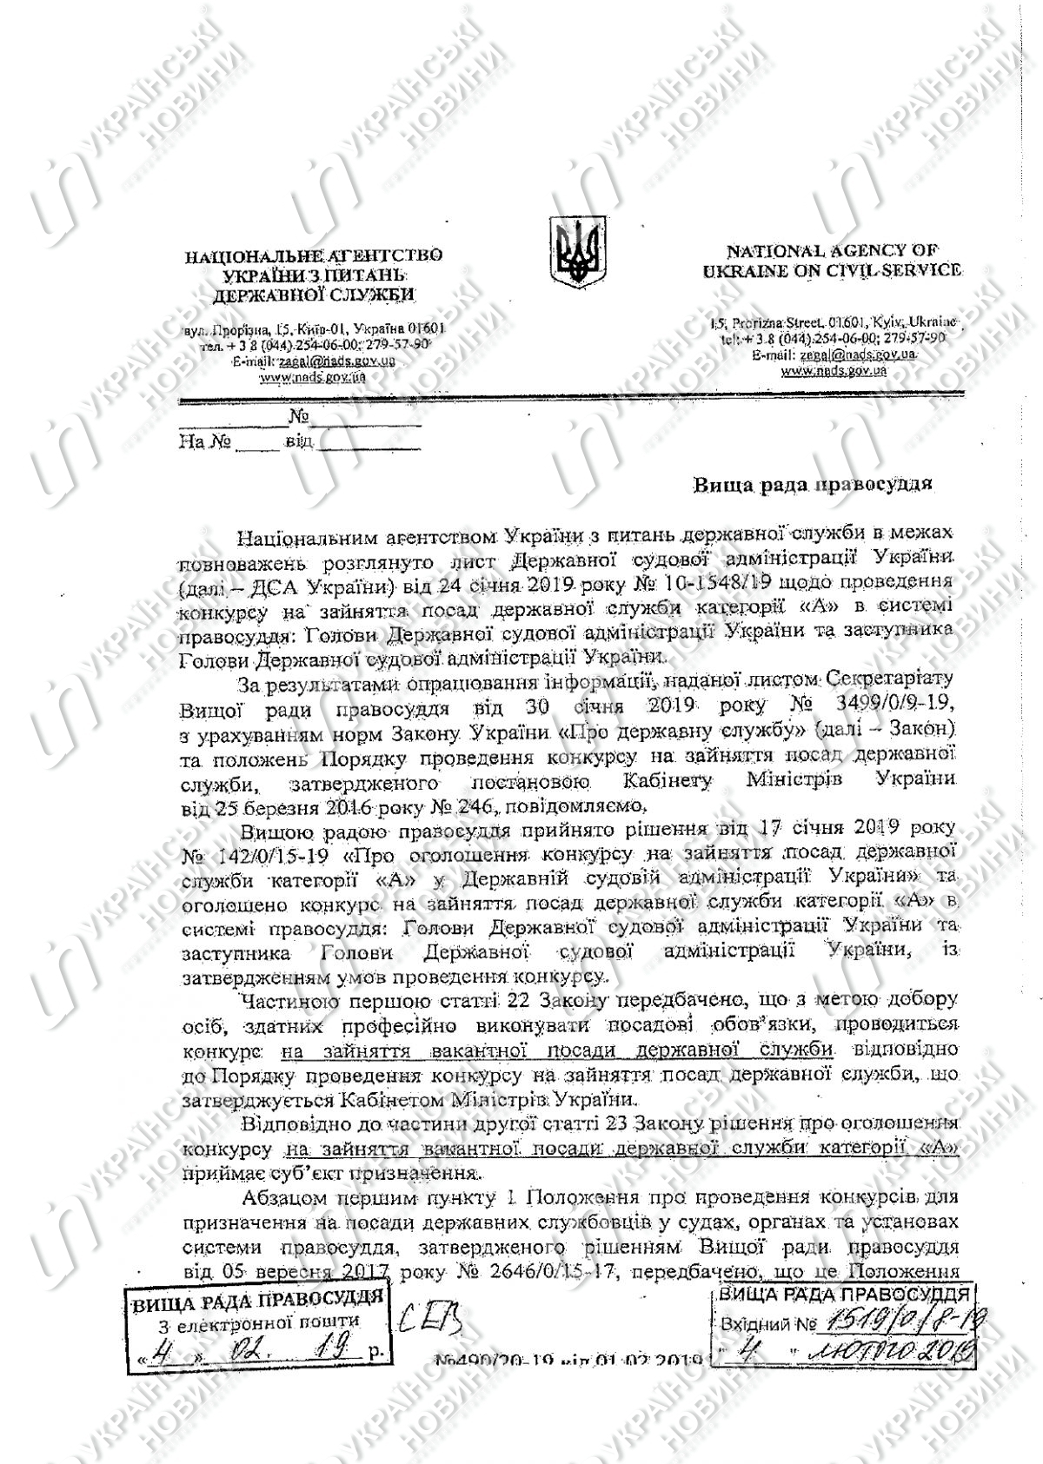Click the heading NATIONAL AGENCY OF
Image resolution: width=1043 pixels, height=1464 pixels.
[832, 251]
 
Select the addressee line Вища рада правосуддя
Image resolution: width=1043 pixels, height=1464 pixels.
[813, 484]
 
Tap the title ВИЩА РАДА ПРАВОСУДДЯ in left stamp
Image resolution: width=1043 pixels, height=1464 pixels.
[257, 1301]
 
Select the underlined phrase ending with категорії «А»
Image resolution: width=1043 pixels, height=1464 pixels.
[621, 1148]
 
